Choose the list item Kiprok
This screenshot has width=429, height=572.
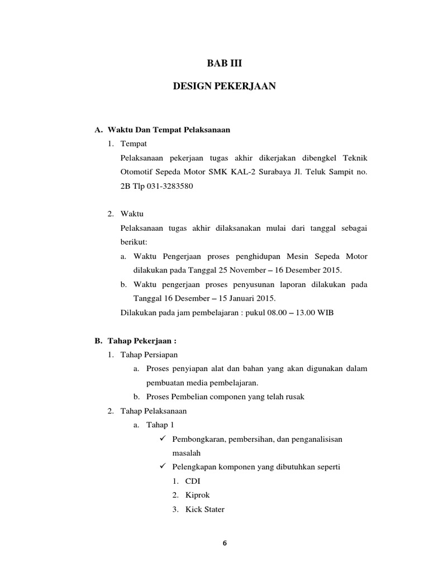(x=198, y=495)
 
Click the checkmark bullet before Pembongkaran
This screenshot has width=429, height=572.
(x=163, y=439)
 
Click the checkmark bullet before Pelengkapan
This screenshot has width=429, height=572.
(x=163, y=466)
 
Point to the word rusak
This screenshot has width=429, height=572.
(x=293, y=397)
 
